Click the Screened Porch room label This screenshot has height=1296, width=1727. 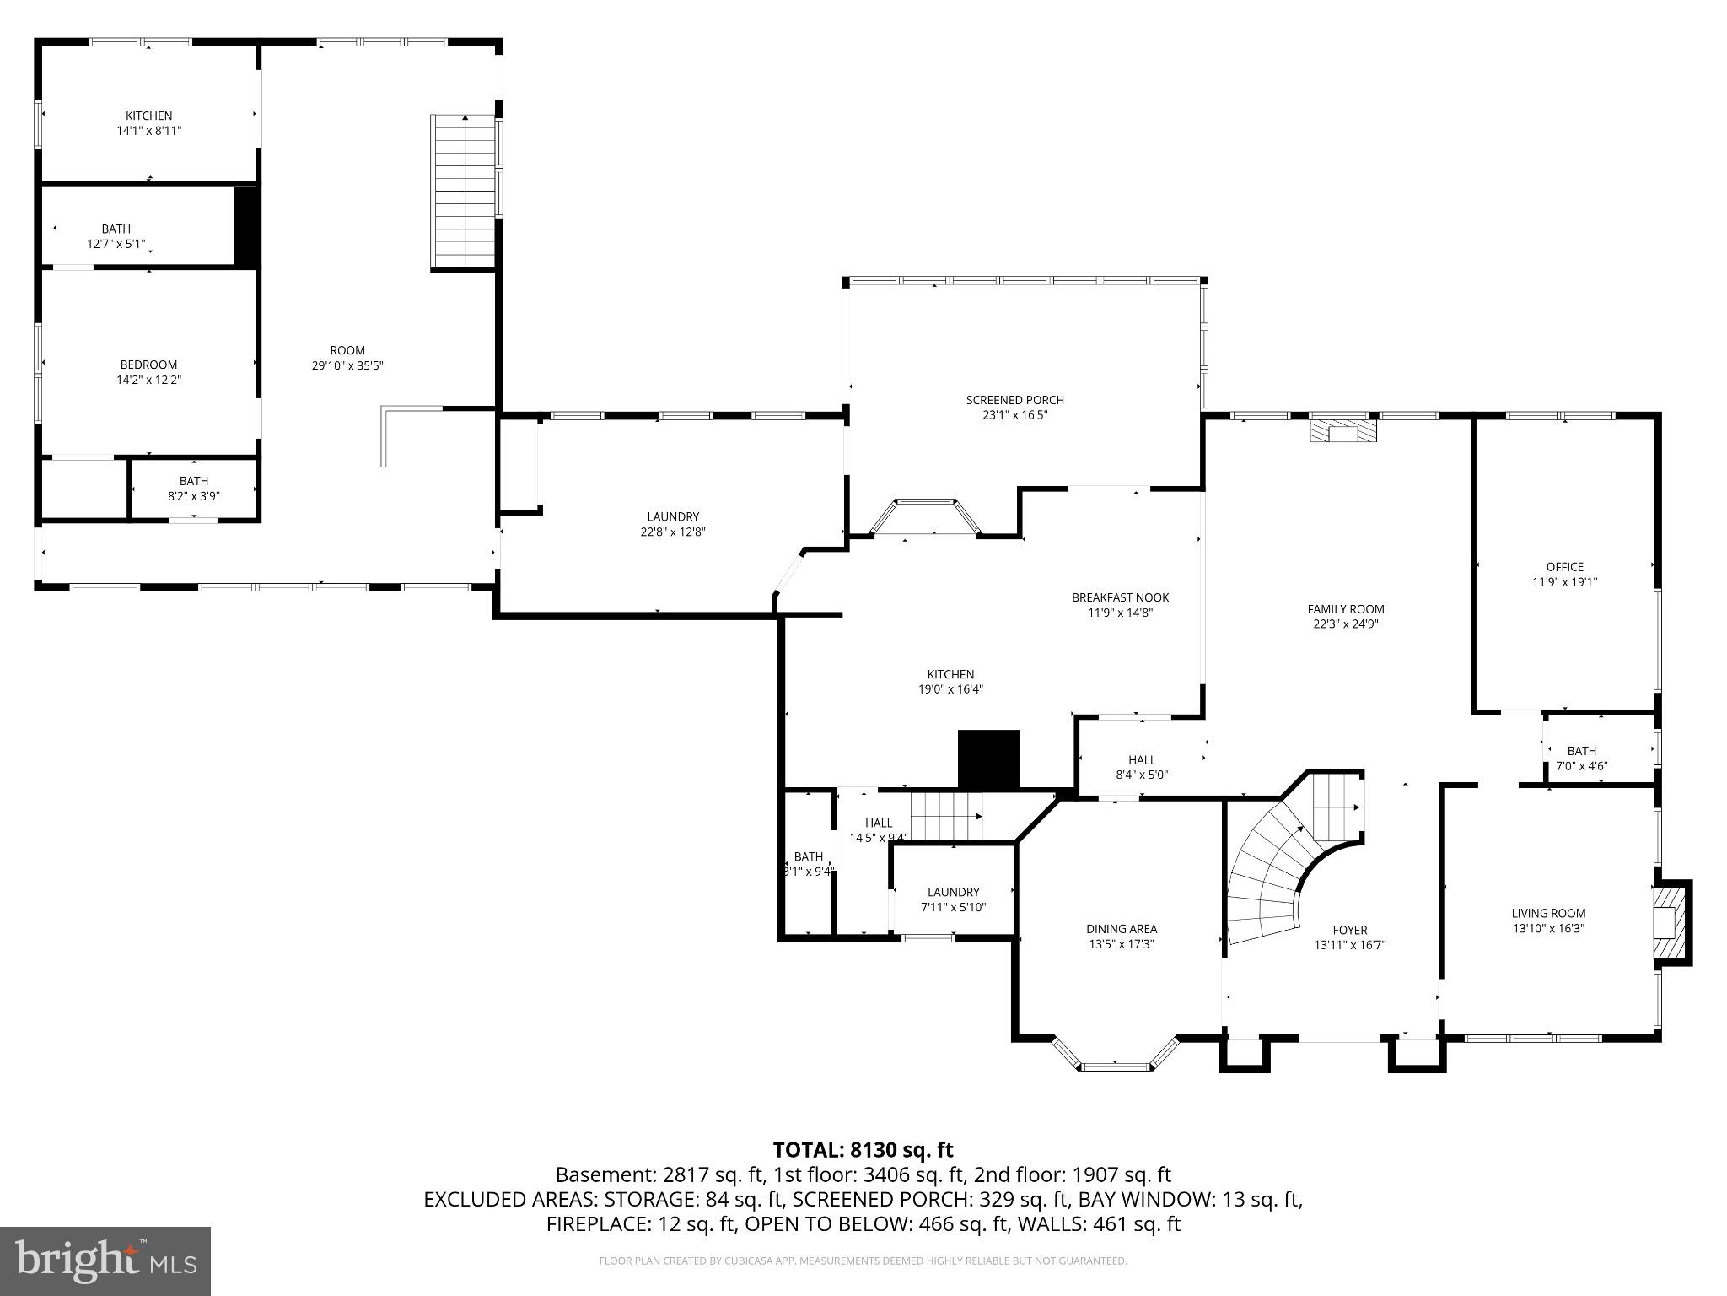click(1014, 400)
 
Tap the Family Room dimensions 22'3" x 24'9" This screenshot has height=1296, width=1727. click(1346, 624)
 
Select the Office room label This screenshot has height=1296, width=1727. click(1564, 567)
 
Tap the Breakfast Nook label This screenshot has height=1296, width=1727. click(1120, 597)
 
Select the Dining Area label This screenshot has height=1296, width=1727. click(1121, 929)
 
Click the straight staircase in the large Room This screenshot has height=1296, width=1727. click(464, 192)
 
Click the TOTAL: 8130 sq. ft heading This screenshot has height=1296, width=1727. click(863, 1150)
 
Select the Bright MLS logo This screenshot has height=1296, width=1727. click(105, 1260)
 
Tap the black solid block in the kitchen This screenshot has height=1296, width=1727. click(988, 759)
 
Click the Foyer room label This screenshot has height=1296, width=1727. click(1349, 930)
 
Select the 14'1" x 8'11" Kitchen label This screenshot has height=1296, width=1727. click(148, 116)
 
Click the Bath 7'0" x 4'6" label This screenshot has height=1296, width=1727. click(1581, 751)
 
